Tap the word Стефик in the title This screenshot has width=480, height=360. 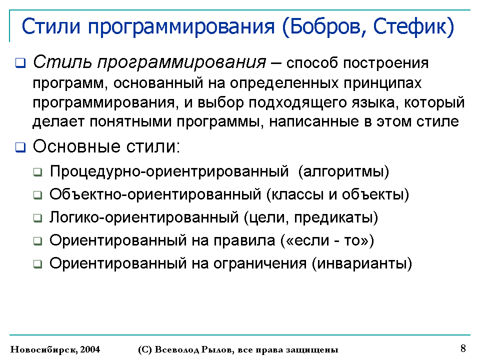pyautogui.click(x=409, y=27)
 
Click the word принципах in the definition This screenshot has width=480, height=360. pyautogui.click(x=382, y=83)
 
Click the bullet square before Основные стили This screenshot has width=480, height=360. pyautogui.click(x=20, y=147)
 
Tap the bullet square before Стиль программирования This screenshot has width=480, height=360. pyautogui.click(x=20, y=63)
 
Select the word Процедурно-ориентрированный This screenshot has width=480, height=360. pyautogui.click(x=169, y=171)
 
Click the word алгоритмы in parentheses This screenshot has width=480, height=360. pyautogui.click(x=343, y=171)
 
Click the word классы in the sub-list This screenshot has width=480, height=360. pyautogui.click(x=297, y=194)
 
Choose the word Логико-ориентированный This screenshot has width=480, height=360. pyautogui.click(x=144, y=217)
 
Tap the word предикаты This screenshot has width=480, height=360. pyautogui.click(x=333, y=217)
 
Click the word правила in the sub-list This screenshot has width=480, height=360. pyautogui.click(x=244, y=240)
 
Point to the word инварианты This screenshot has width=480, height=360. pyautogui.click(x=362, y=263)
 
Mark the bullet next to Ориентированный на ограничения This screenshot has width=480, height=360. pyautogui.click(x=37, y=264)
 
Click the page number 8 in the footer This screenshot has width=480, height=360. pyautogui.click(x=463, y=348)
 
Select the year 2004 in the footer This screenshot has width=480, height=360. pyautogui.click(x=90, y=349)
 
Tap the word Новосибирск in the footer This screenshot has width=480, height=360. pyautogui.click(x=44, y=349)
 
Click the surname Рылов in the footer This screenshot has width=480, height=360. pyautogui.click(x=216, y=349)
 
